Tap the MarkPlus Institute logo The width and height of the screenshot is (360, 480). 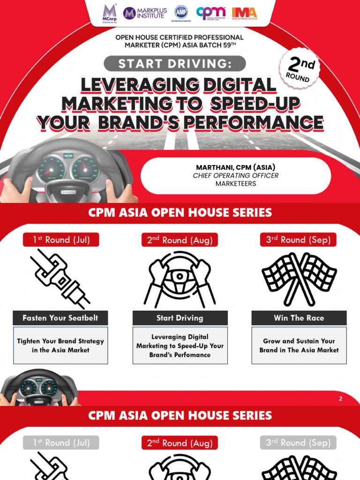tap(144, 13)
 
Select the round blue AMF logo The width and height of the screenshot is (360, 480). tap(181, 12)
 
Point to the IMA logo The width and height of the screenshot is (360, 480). tap(244, 13)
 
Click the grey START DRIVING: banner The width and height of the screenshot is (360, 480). tap(174, 63)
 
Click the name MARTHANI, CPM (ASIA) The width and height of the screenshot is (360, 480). tap(235, 167)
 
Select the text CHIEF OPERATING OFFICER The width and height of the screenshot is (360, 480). tap(235, 175)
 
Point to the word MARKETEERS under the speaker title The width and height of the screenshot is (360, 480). tap(235, 183)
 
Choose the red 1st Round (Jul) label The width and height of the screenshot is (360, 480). tap(61, 240)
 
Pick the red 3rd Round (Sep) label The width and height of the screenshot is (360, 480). tap(298, 240)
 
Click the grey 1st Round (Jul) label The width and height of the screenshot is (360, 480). tap(61, 442)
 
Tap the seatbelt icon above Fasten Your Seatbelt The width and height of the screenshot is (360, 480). tap(60, 278)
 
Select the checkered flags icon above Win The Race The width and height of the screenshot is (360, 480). tap(299, 278)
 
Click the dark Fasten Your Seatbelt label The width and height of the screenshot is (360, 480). tap(60, 318)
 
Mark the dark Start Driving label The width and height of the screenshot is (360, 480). tap(180, 318)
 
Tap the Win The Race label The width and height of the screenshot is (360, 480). tap(299, 318)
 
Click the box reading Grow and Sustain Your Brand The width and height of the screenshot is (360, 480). tap(299, 345)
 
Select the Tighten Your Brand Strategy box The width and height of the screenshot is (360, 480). tap(60, 345)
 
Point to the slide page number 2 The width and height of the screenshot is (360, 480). tap(341, 399)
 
